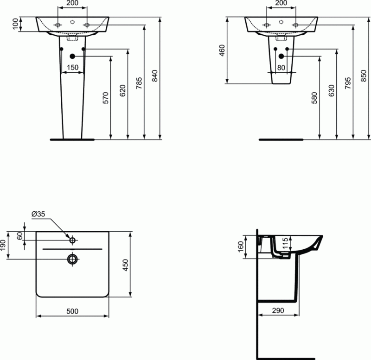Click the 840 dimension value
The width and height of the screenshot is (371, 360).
[x=155, y=76]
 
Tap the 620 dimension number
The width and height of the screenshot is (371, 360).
[x=123, y=90]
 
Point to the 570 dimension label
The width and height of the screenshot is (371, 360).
[x=106, y=98]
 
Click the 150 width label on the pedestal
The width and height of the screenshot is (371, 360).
[x=72, y=68]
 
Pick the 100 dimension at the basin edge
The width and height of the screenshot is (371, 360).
[x=15, y=24]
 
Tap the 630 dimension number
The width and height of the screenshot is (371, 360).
[x=332, y=90]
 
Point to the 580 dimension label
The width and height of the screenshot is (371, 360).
[x=315, y=98]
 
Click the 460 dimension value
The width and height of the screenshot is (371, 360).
[x=222, y=51]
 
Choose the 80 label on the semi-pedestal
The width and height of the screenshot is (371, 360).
[x=281, y=68]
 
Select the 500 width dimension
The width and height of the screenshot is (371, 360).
[x=72, y=311]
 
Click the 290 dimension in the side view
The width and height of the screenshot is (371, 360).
[x=279, y=311]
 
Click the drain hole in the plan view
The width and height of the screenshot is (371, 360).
[x=72, y=259]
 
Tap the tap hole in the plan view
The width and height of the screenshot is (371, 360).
[x=72, y=240]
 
